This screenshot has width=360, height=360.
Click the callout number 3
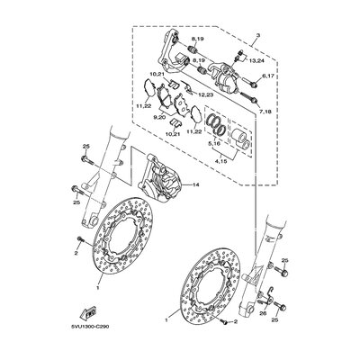pyautogui.click(x=257, y=36)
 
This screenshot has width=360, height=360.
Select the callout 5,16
pyautogui.click(x=214, y=141)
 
